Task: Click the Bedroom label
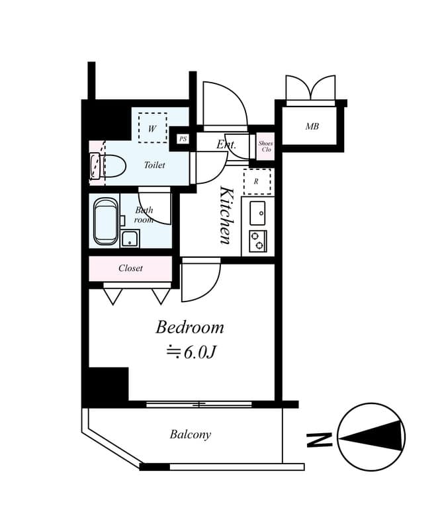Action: pos(190,327)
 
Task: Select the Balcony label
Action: pos(190,434)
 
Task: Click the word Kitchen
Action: pos(226,215)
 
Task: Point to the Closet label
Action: pos(130,268)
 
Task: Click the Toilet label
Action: pos(154,165)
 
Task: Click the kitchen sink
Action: pos(258,213)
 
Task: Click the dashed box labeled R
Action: pos(257,181)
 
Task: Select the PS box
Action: pos(183,139)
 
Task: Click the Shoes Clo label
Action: pos(265,147)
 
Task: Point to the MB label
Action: pos(312,126)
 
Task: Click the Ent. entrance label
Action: pos(226,143)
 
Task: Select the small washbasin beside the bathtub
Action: pos(130,238)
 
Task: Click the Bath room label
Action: pos(144,214)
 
